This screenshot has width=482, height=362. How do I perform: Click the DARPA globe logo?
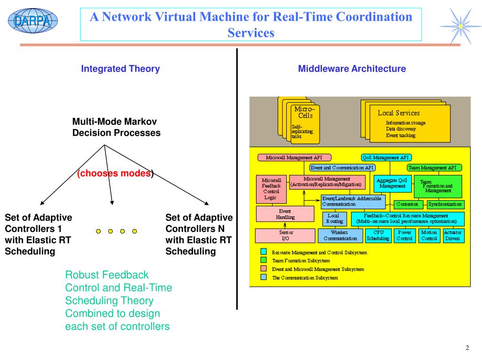click(32, 20)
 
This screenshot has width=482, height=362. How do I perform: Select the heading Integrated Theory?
click(120, 69)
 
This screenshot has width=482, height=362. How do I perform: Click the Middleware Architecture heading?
click(352, 69)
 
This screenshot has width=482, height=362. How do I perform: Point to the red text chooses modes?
click(115, 173)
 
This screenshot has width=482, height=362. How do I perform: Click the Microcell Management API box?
click(294, 157)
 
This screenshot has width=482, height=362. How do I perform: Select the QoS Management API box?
click(386, 157)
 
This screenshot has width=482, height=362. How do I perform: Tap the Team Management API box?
click(434, 167)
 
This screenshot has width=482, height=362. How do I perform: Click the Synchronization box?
click(445, 205)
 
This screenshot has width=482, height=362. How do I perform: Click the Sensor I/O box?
click(286, 235)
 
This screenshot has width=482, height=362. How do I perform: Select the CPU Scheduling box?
click(378, 235)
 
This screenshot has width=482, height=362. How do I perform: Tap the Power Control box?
click(404, 235)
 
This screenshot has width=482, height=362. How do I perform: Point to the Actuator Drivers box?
click(453, 235)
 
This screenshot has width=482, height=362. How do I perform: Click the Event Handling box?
click(285, 214)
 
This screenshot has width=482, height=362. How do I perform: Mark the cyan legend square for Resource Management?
click(264, 251)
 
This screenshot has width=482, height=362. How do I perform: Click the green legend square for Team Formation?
click(264, 260)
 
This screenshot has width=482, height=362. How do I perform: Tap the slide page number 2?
click(467, 348)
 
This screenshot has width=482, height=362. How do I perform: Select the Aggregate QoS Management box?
click(393, 183)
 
